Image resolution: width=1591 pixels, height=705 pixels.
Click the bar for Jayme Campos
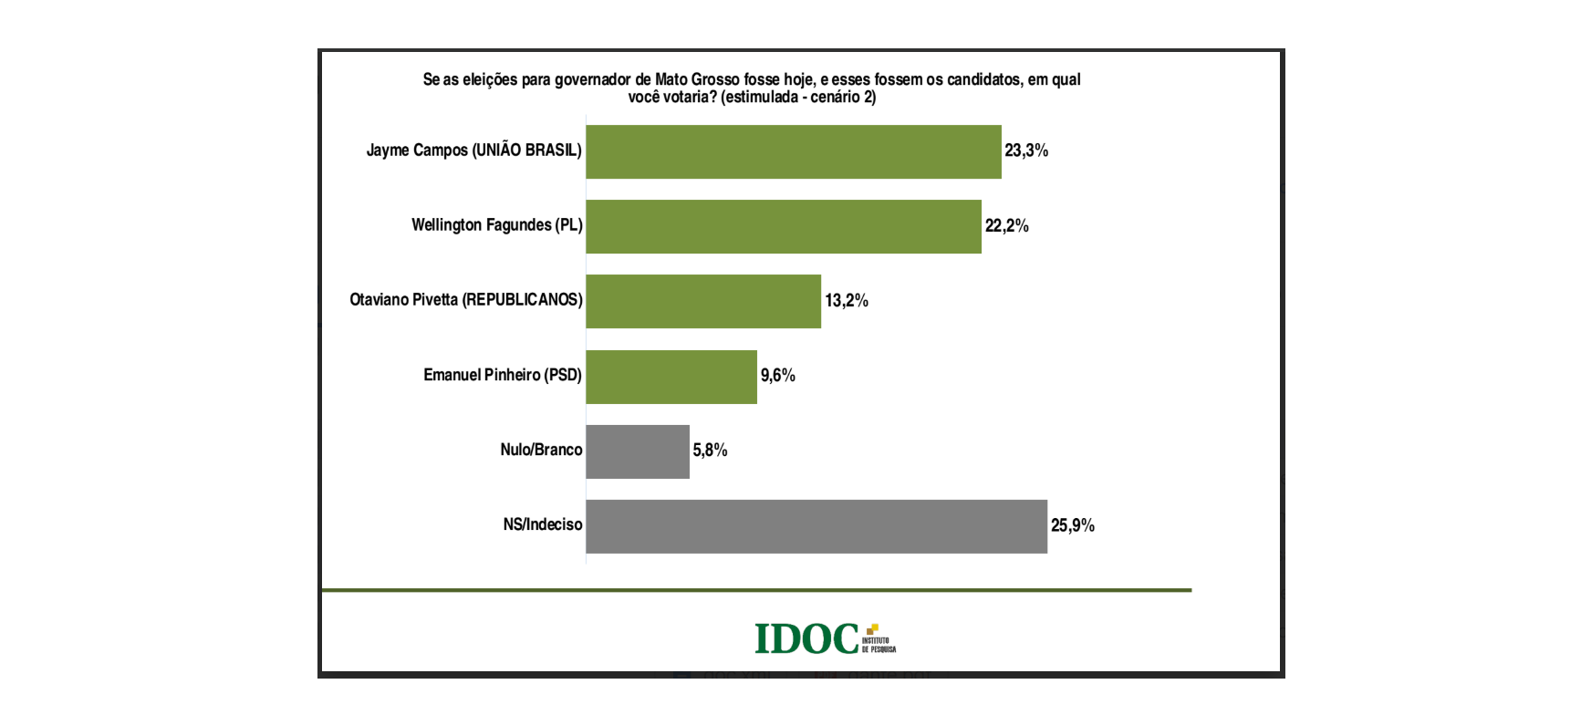click(x=793, y=151)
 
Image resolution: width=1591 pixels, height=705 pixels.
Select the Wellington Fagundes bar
click(x=783, y=226)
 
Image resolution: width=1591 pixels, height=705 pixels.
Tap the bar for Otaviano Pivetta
click(x=702, y=301)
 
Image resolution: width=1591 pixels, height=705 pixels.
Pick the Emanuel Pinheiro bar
click(x=671, y=376)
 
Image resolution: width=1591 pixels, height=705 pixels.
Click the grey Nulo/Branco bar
click(x=637, y=451)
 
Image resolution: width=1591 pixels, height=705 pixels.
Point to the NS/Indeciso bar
click(x=816, y=525)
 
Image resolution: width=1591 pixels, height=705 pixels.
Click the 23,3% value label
click(x=1026, y=150)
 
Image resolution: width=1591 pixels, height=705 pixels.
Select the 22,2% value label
click(x=1006, y=225)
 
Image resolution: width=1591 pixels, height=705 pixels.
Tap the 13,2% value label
click(x=847, y=300)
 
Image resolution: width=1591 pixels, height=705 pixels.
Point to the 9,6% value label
click(x=778, y=375)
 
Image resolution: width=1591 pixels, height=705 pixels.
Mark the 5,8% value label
click(x=710, y=450)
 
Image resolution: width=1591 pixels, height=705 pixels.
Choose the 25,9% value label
click(x=1072, y=524)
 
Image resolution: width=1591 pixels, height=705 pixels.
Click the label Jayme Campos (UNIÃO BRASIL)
click(x=473, y=150)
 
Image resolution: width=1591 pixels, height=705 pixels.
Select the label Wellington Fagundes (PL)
click(x=496, y=225)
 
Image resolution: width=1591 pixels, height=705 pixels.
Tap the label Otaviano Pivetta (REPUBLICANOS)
click(x=465, y=300)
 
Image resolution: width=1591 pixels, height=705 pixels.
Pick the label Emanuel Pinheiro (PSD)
click(x=502, y=375)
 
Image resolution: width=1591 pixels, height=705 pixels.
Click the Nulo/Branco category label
click(x=541, y=450)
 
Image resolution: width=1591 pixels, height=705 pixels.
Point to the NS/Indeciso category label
click(x=542, y=524)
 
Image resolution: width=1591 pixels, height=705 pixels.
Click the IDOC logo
click(x=824, y=638)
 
